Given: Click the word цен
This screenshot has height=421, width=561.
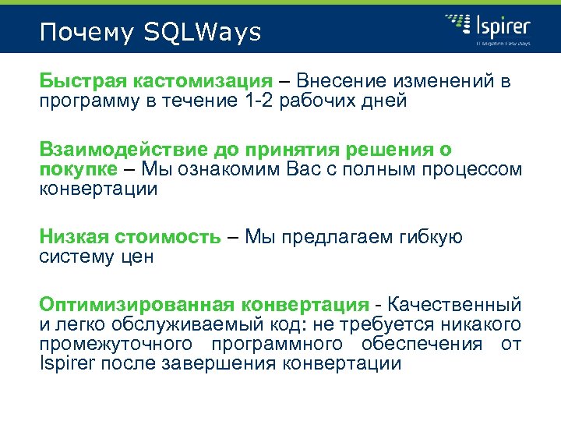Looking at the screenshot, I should coord(136,256).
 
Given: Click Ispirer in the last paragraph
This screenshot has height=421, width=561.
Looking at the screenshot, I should coord(65,363).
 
